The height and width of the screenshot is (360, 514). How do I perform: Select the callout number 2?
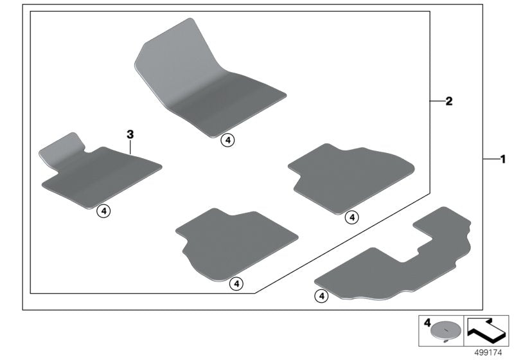[450, 101]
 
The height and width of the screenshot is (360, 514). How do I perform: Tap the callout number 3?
[130, 134]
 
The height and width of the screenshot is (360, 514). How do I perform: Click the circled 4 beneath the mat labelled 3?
[104, 210]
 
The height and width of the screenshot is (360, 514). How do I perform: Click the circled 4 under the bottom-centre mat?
[236, 283]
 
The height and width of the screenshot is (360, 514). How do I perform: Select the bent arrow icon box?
[486, 328]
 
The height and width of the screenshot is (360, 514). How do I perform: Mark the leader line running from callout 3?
[130, 147]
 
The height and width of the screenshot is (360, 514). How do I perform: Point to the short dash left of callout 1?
[490, 158]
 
